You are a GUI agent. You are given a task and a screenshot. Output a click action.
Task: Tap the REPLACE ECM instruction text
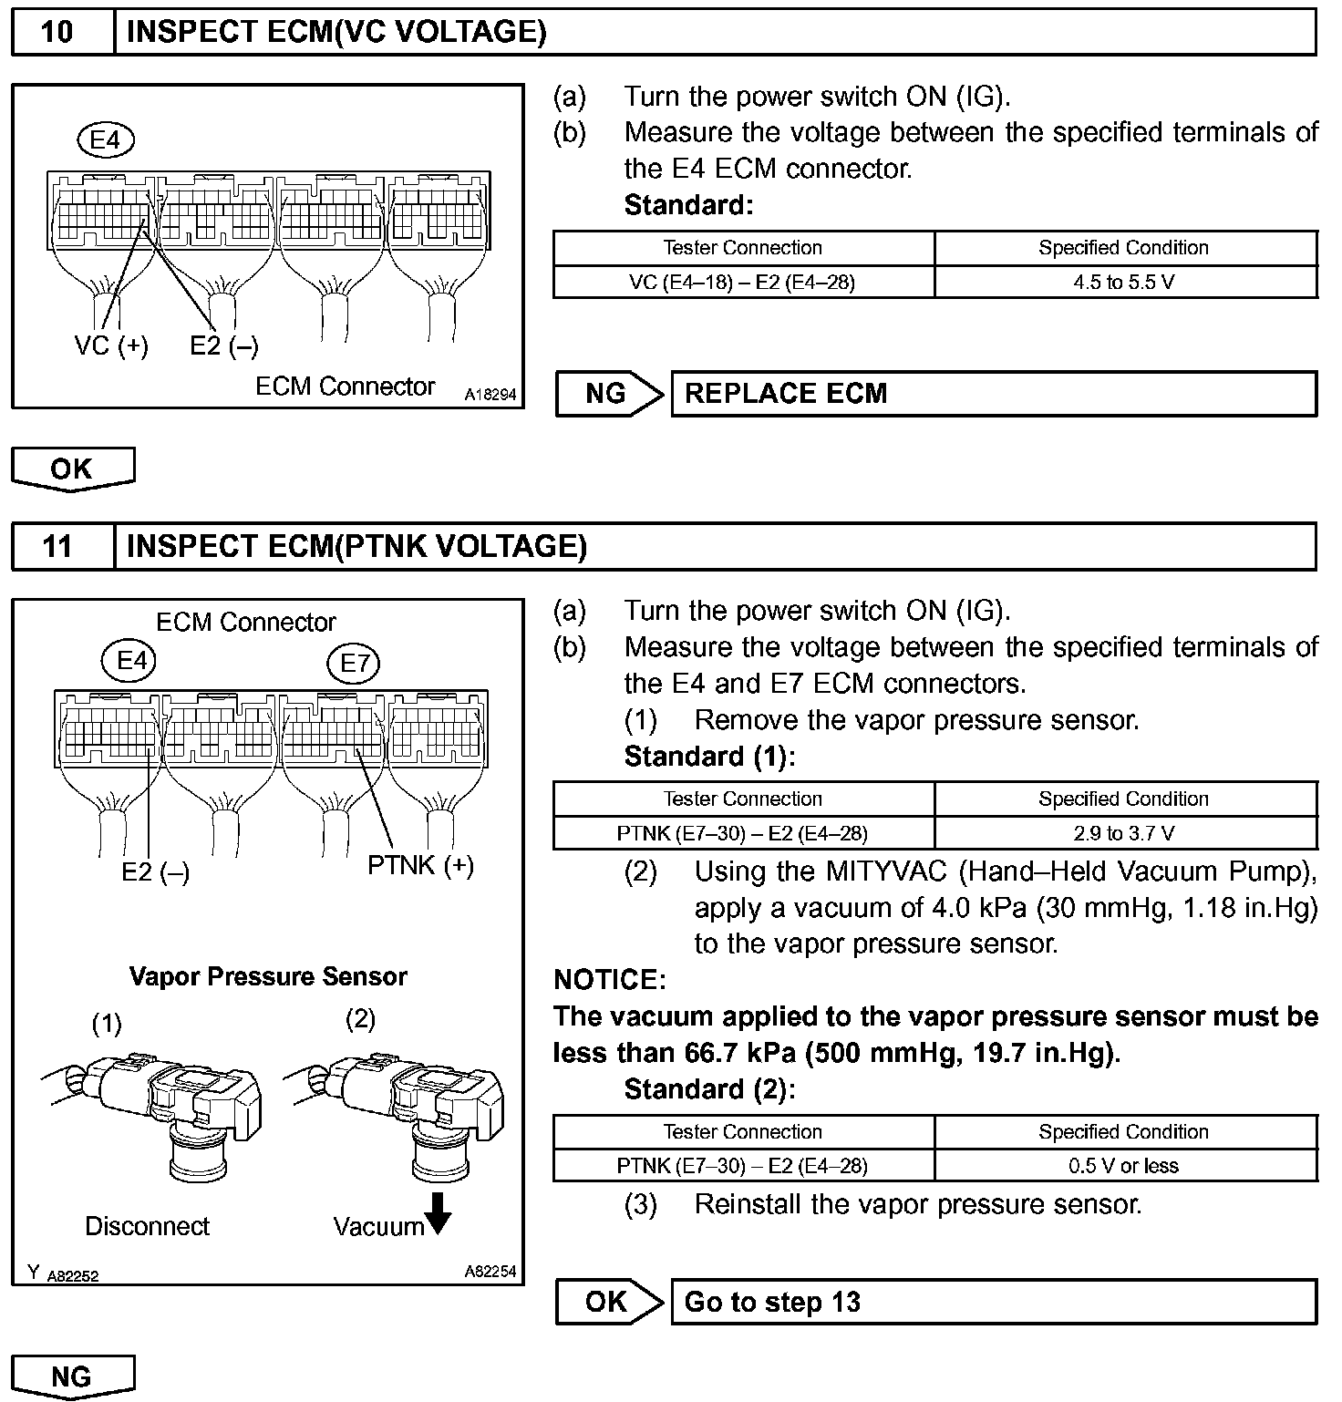click(x=785, y=394)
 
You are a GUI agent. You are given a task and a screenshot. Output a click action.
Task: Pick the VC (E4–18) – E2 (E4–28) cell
click(x=742, y=283)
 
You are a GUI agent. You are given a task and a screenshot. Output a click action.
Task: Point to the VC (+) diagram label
click(x=111, y=346)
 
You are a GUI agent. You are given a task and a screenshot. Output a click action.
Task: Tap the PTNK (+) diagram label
click(x=420, y=865)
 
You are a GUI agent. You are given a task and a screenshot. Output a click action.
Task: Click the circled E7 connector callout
click(x=354, y=663)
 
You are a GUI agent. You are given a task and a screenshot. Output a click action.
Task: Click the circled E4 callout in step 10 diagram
click(x=106, y=140)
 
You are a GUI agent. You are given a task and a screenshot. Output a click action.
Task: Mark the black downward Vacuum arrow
click(x=439, y=1213)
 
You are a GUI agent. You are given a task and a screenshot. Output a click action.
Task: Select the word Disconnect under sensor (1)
click(x=147, y=1226)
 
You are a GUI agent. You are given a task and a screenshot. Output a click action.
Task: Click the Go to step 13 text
click(x=772, y=1302)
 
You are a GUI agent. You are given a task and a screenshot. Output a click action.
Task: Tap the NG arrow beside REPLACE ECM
click(x=608, y=394)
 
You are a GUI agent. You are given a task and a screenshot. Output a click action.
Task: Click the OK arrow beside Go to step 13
click(x=608, y=1302)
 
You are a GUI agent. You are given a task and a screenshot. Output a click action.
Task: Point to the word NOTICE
click(x=609, y=980)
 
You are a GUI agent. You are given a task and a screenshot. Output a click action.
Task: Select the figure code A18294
click(x=490, y=396)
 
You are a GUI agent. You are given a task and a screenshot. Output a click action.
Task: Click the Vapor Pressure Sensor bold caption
click(x=268, y=976)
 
